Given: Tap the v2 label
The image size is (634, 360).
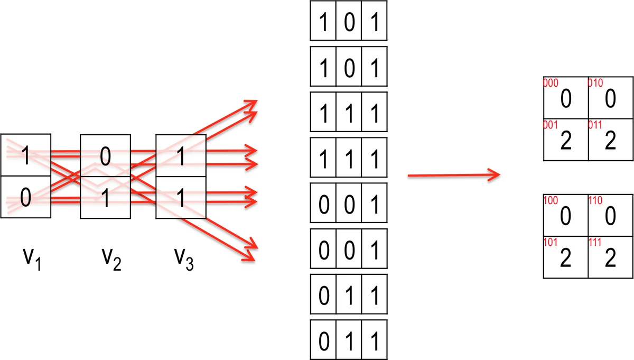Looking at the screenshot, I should [x=111, y=260].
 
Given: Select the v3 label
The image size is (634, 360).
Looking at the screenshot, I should [x=184, y=260].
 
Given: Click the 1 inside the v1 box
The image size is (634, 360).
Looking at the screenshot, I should [x=25, y=155].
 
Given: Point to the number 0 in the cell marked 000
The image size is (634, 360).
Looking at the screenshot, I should [x=566, y=99].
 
